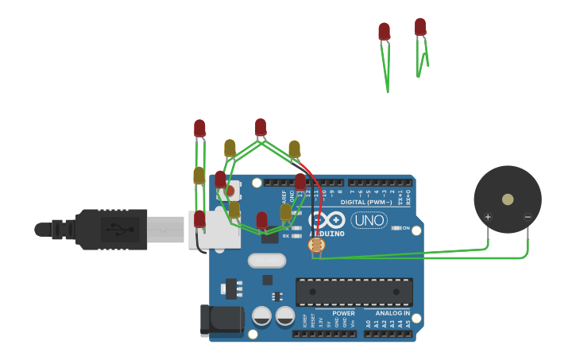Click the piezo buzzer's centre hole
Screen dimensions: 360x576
(x=508, y=199)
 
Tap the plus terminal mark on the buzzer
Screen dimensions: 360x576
(x=487, y=217)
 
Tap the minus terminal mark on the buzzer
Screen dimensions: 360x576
(x=528, y=217)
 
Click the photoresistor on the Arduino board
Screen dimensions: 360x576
(x=316, y=246)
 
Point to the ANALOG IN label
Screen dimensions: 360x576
(x=387, y=313)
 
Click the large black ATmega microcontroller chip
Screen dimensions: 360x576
(x=354, y=292)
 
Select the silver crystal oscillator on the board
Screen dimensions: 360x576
(x=266, y=260)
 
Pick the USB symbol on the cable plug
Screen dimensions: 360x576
(x=116, y=230)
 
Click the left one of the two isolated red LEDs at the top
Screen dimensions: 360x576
(x=385, y=32)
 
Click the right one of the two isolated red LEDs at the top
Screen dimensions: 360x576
(x=420, y=27)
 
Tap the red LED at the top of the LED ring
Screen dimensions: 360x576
(x=261, y=127)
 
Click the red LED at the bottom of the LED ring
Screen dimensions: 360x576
(x=262, y=220)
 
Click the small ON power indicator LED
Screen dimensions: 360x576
(x=396, y=228)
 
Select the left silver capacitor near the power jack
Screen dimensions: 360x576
(x=261, y=316)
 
